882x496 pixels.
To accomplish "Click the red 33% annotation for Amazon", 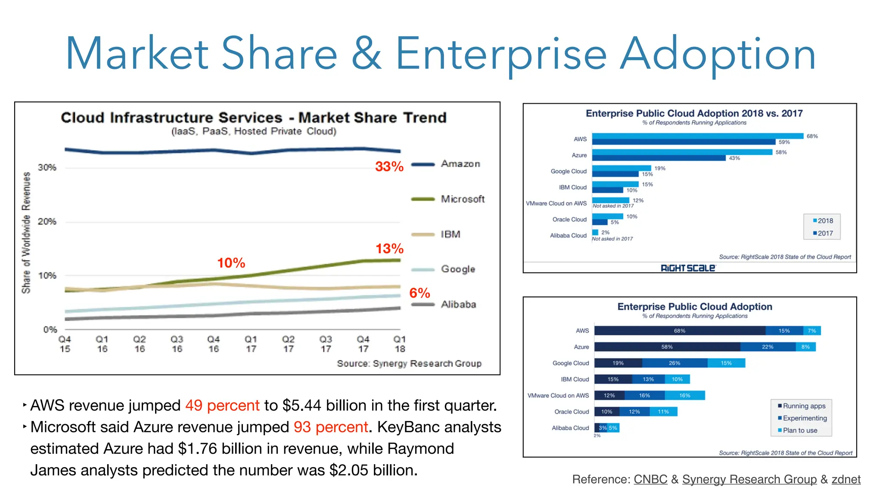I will tap(389, 166).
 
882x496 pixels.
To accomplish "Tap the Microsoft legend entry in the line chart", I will tap(462, 199).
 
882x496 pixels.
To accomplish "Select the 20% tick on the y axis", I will tap(47, 222).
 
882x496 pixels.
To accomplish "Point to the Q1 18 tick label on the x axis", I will tap(400, 344).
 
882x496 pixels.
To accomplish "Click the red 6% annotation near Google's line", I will tap(419, 293).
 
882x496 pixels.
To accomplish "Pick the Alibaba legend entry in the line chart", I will tap(458, 304).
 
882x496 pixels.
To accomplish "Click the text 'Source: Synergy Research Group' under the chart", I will tap(409, 363).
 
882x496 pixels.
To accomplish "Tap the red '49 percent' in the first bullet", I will tap(222, 405).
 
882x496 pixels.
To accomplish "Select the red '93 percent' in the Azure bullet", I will tap(331, 427).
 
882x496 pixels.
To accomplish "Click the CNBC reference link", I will tap(650, 479).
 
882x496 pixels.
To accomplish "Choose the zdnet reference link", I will tap(846, 479).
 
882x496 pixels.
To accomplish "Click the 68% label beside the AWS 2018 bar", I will tap(812, 136).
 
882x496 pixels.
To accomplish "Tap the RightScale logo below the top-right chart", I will tap(688, 268).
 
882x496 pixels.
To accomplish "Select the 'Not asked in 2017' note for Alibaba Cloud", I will tap(612, 239).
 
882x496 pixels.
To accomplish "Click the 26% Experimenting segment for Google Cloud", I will tap(674, 363).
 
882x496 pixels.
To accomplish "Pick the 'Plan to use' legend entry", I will tap(800, 430).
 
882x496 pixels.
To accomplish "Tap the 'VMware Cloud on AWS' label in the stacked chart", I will tap(558, 395).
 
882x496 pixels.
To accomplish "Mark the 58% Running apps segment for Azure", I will tap(667, 347).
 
